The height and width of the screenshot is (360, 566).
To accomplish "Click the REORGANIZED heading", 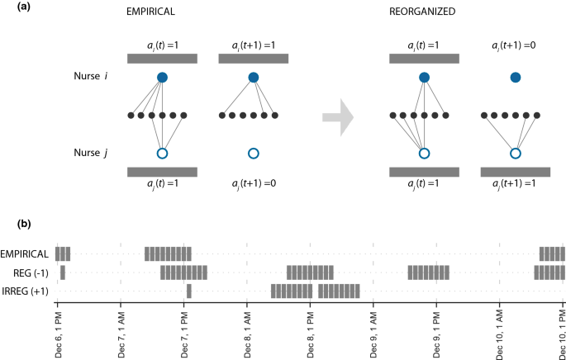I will click(x=424, y=12).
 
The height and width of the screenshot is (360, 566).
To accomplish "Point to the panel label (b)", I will click(x=10, y=223).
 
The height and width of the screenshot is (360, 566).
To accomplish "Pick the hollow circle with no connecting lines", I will click(x=253, y=154).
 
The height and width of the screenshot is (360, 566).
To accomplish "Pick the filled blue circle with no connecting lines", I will click(x=515, y=78).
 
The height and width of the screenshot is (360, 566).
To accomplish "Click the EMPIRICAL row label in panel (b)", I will click(x=26, y=253).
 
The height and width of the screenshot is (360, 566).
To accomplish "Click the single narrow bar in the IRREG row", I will click(x=188, y=291).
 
